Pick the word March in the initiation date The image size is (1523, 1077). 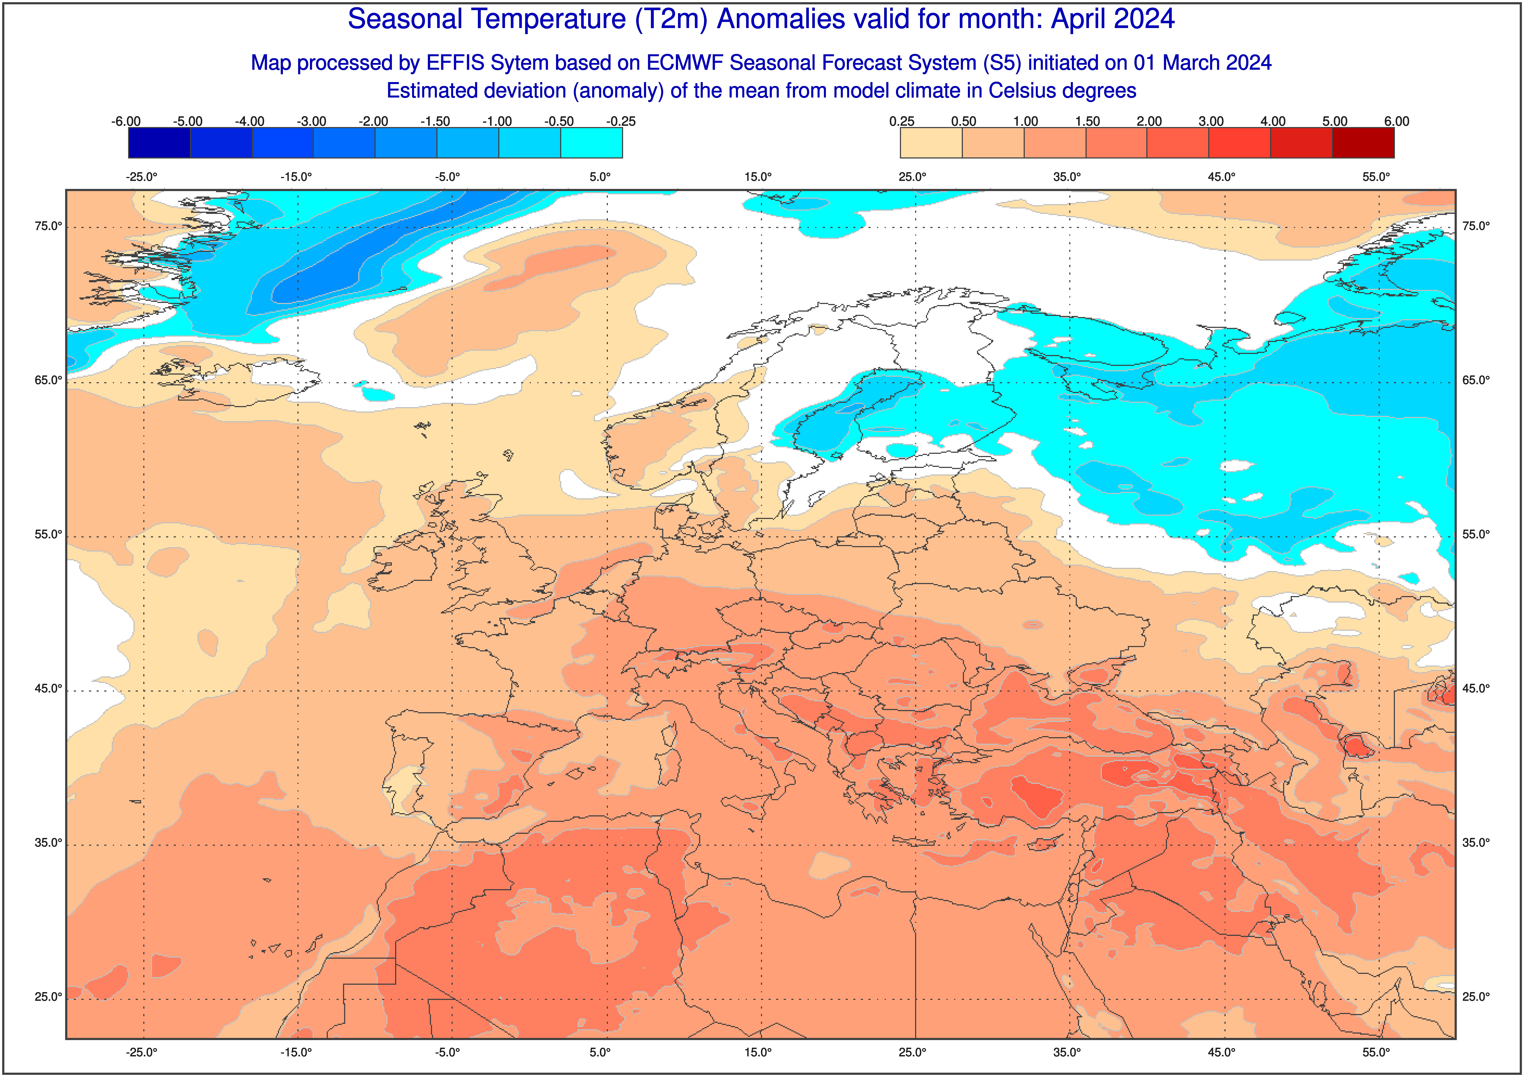[x=1191, y=63]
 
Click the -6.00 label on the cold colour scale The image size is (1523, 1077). [x=126, y=121]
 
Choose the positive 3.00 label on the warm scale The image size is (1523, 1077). [x=1211, y=121]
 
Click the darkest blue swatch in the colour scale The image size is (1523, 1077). [x=159, y=143]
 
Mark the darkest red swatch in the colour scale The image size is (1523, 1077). [x=1363, y=143]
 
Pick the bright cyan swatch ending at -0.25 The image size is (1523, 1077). [x=592, y=143]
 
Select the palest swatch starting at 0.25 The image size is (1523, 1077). [x=931, y=143]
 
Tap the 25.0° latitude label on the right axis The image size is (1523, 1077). [x=1476, y=997]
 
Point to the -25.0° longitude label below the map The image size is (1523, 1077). [x=142, y=1052]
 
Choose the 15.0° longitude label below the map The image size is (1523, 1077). [x=758, y=1052]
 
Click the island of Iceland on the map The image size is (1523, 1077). [x=226, y=382]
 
